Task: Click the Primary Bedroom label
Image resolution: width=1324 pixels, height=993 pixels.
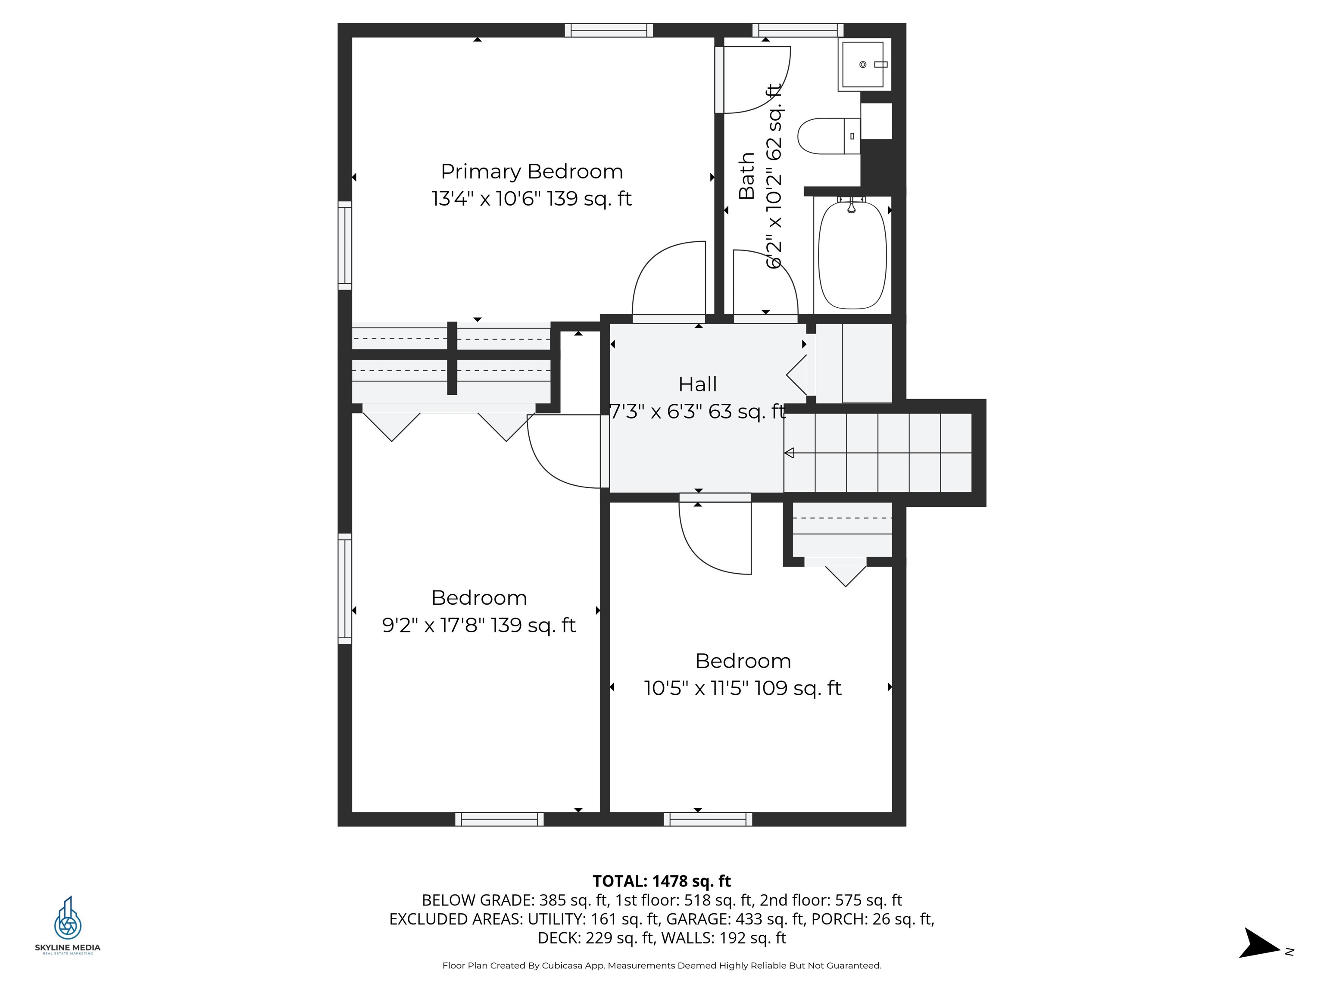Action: (x=531, y=172)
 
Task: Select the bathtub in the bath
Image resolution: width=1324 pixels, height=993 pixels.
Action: (x=852, y=256)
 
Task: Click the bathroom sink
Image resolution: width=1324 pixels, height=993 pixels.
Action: (x=862, y=65)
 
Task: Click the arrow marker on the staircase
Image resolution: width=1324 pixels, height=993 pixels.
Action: (x=789, y=453)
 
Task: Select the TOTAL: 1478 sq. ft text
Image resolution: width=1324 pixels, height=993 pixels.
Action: (x=662, y=881)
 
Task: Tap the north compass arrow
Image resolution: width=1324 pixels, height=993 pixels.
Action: (x=1260, y=944)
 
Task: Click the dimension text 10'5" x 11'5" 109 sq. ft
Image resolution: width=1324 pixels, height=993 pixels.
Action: (x=742, y=688)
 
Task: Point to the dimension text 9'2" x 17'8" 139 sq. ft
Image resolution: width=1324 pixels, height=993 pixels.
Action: (x=479, y=625)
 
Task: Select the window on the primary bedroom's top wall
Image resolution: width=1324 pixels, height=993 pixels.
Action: (x=609, y=30)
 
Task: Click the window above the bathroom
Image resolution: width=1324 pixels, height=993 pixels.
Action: (x=797, y=30)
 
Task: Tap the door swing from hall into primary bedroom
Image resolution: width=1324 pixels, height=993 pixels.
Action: (x=668, y=278)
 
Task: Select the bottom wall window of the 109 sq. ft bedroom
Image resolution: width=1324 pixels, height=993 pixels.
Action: (x=708, y=819)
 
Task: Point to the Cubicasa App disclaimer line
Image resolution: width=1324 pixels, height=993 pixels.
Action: (x=662, y=965)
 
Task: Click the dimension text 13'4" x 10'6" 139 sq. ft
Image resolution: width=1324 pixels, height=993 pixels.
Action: (x=531, y=199)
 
